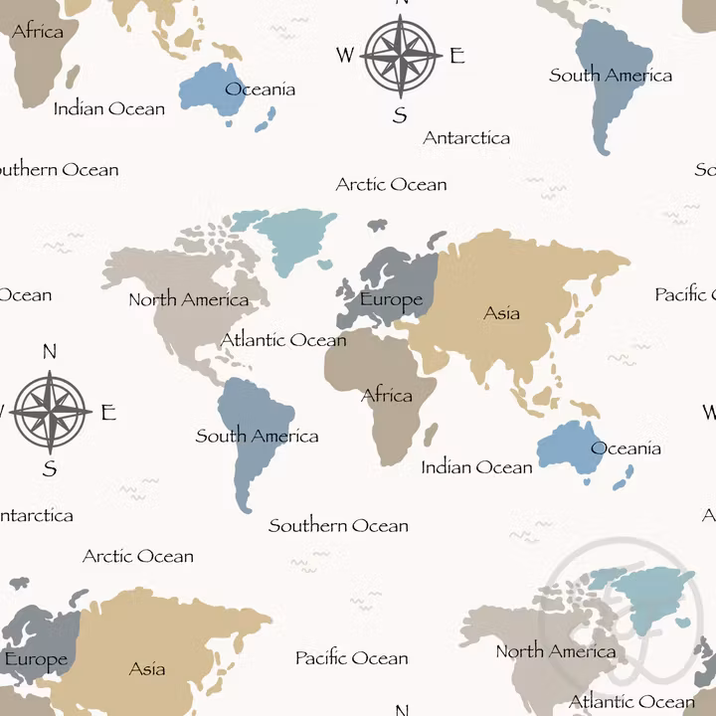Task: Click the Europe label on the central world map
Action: pos(391,299)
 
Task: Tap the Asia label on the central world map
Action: pos(501,313)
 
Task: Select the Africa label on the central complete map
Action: pos(387,396)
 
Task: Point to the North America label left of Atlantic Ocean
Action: pos(189,299)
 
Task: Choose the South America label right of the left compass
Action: pos(257,436)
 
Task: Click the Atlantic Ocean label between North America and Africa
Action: pos(283,340)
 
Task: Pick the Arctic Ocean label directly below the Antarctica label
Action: pos(391,184)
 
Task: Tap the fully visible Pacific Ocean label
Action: pos(351,658)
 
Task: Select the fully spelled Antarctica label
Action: pos(466,138)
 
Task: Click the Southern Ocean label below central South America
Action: pos(338,525)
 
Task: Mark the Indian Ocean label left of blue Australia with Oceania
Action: pos(476,466)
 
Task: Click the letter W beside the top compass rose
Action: pos(344,56)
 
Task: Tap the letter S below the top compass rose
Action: pos(400,115)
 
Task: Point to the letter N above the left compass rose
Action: pos(50,351)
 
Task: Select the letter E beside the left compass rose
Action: pos(108,413)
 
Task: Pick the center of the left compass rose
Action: pos(51,411)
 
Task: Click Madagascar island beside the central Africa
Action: pos(431,435)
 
